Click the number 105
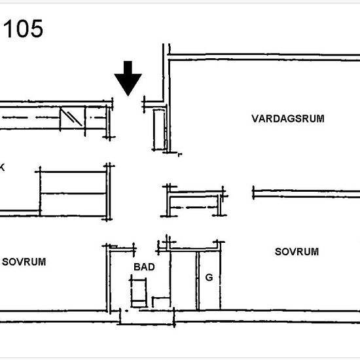23,28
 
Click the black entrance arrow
128,79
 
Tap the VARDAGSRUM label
288,118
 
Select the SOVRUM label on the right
297,252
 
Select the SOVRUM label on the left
24,262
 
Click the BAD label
144,267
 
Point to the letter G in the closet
209,278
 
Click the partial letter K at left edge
2,168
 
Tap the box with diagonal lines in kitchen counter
72,118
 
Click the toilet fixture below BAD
139,291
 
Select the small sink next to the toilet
161,302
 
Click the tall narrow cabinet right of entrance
159,130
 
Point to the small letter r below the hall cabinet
180,154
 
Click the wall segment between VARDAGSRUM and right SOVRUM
306,194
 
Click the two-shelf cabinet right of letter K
73,194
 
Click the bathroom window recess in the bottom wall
147,317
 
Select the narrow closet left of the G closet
183,280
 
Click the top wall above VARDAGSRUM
264,58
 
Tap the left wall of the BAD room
109,278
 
